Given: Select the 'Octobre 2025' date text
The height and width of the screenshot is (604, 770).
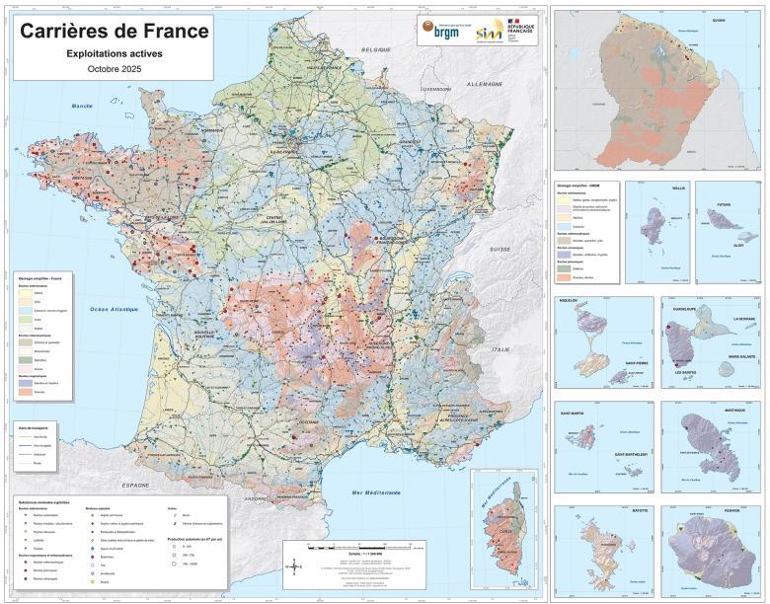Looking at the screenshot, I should coord(115,70).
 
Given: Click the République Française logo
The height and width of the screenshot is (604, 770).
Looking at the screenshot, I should coord(517,29).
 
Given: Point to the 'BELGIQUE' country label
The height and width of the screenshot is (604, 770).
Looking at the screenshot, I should coord(376,48).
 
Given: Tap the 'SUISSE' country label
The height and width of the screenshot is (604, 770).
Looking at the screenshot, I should coord(500,249).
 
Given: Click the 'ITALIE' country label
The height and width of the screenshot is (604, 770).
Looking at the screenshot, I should coord(503,348).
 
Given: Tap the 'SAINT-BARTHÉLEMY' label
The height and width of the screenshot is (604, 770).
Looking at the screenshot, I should coord(632,454).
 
